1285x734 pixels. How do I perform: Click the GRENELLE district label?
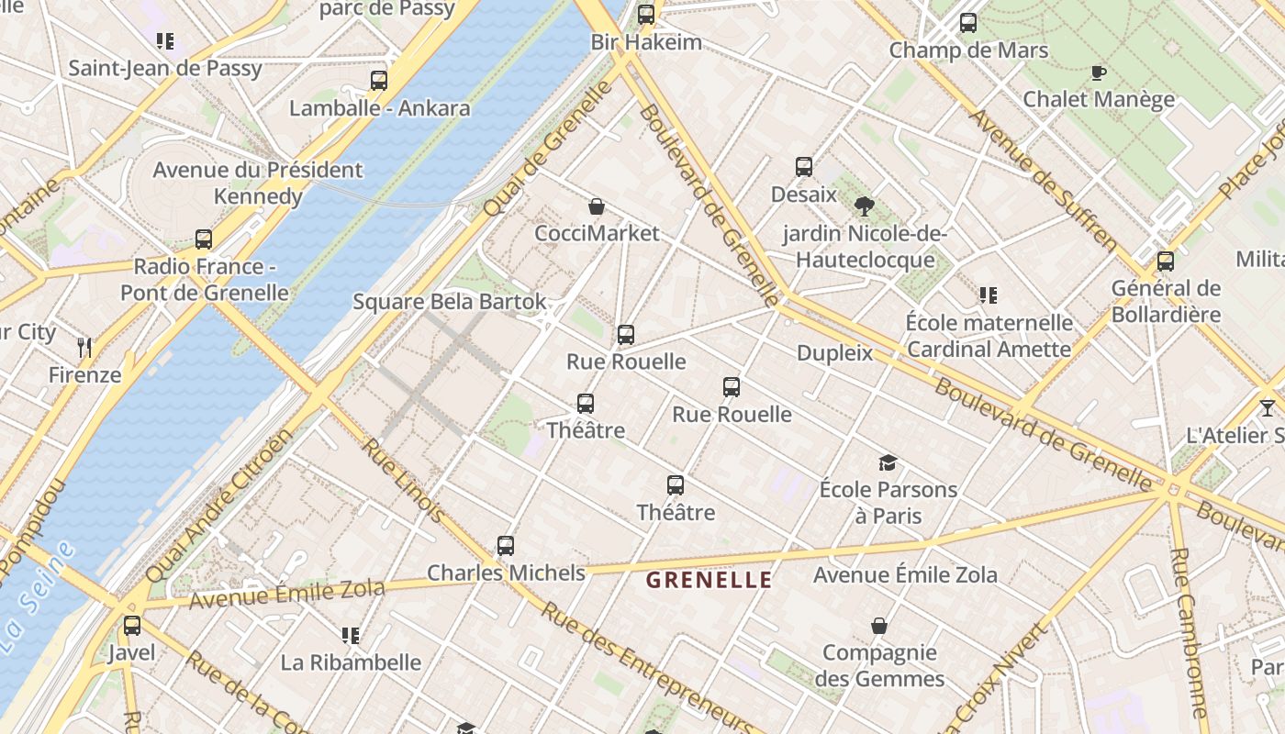709,580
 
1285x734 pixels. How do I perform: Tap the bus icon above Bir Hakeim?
646,14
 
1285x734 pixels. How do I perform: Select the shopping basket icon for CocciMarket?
597,206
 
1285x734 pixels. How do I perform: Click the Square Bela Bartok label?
450,302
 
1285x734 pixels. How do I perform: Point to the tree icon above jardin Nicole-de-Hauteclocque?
864,206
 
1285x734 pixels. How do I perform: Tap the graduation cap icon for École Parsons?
888,462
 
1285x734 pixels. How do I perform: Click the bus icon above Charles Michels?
506,546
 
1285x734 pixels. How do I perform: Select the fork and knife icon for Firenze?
85,347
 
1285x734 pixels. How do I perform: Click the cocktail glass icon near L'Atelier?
1268,407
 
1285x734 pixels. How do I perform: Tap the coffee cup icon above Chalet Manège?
1098,72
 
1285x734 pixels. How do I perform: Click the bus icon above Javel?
132,626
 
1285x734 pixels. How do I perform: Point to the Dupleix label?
835,353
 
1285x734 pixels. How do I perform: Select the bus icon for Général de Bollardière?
1166,261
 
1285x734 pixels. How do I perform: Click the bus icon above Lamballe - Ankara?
379,81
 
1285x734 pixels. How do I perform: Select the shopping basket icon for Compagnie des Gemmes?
879,626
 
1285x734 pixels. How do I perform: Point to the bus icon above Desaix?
804,167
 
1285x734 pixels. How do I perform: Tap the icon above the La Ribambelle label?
350,635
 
